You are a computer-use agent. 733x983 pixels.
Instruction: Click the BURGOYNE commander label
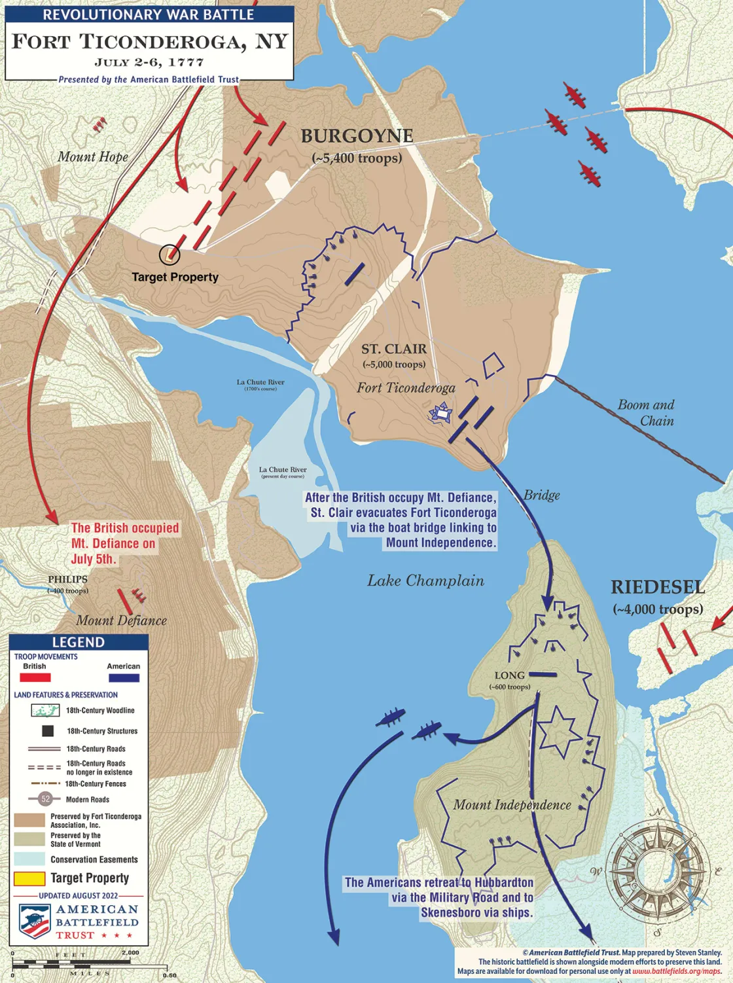(x=357, y=136)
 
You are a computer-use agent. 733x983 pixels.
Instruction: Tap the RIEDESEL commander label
(x=658, y=587)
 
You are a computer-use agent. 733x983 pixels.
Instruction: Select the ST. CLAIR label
(x=394, y=349)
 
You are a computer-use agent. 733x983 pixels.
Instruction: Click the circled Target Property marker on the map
(x=170, y=254)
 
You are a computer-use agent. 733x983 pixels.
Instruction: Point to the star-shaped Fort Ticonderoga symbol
(x=440, y=414)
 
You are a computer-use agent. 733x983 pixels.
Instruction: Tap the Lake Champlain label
(x=425, y=581)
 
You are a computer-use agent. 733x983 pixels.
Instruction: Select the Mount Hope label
(x=92, y=156)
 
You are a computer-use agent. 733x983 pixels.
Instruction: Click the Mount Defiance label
(x=121, y=620)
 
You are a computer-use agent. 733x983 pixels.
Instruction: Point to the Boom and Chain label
(x=646, y=413)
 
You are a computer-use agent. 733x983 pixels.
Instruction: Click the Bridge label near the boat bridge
(x=541, y=495)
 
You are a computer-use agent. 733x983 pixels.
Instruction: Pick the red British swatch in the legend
(x=35, y=677)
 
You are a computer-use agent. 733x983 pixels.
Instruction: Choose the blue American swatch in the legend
(x=123, y=677)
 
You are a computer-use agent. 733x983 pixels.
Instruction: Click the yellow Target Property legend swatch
(x=29, y=878)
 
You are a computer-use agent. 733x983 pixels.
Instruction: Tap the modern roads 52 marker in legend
(x=45, y=798)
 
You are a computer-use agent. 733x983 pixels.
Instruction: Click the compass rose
(x=656, y=870)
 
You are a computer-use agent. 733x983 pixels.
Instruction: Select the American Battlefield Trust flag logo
(x=35, y=921)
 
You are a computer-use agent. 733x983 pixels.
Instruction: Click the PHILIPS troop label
(x=67, y=580)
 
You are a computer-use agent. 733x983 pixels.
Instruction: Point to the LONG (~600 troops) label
(x=509, y=675)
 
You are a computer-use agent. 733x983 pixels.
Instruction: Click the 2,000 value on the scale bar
(x=130, y=952)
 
